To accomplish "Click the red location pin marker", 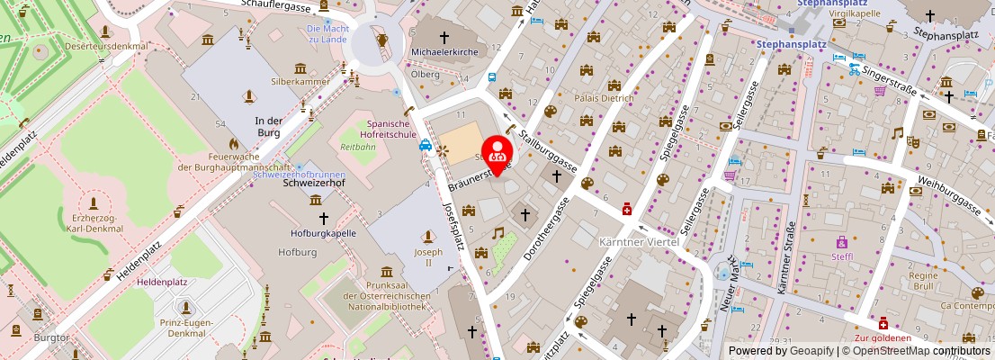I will (x=496, y=153).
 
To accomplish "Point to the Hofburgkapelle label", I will (x=323, y=233).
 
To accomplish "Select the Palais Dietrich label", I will (x=604, y=97).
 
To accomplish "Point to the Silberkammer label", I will (x=300, y=81).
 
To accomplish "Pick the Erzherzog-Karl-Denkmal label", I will (x=94, y=223).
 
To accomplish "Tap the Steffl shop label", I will (x=842, y=256).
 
